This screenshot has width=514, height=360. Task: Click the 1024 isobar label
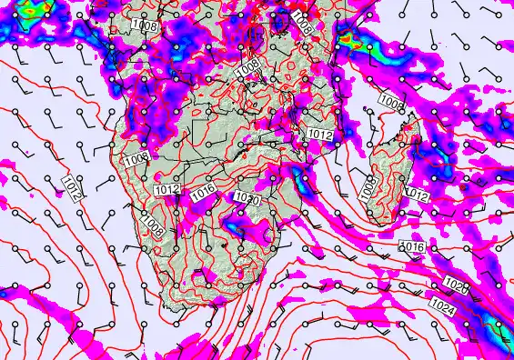coord(445,304)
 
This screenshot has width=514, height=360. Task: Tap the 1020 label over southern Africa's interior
coord(247,199)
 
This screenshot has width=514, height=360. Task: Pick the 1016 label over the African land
coord(203,192)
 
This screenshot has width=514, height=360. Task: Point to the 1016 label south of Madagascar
coord(413,246)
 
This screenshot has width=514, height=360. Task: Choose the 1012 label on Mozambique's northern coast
coord(319,134)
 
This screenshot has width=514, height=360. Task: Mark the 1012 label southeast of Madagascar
coord(417,195)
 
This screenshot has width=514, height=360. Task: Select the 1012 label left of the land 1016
coord(166,189)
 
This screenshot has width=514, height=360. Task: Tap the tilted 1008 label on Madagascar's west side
coord(368,189)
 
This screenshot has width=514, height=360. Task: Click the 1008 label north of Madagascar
coord(391,102)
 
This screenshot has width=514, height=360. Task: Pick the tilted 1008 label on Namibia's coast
coord(152,226)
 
